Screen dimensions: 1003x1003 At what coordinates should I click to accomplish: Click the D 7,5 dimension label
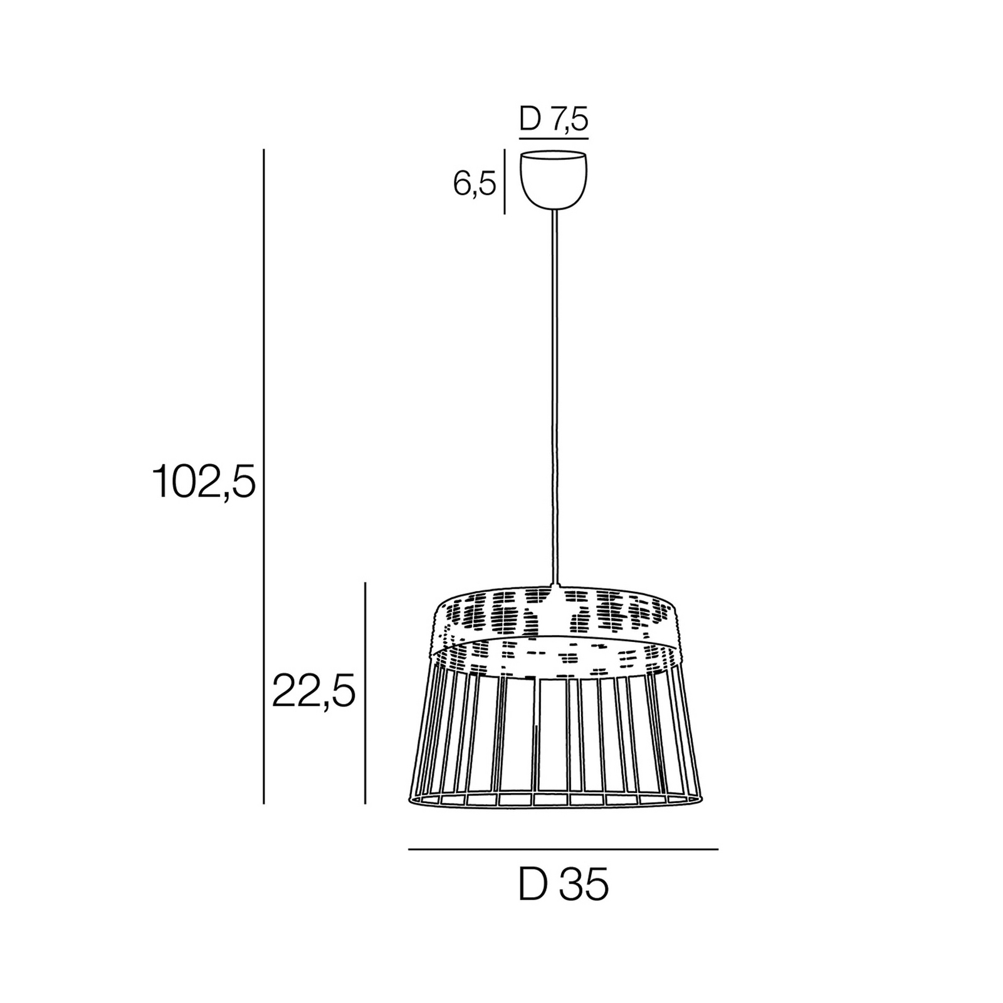(x=554, y=119)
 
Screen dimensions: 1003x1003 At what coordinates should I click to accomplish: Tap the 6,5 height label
(x=475, y=184)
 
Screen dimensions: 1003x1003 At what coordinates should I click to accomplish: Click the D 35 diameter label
(x=564, y=885)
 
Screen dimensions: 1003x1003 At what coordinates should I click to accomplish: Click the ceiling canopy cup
(x=554, y=179)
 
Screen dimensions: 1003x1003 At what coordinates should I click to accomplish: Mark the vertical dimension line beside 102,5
(x=264, y=476)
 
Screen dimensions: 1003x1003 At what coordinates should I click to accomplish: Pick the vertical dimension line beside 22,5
(x=365, y=693)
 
